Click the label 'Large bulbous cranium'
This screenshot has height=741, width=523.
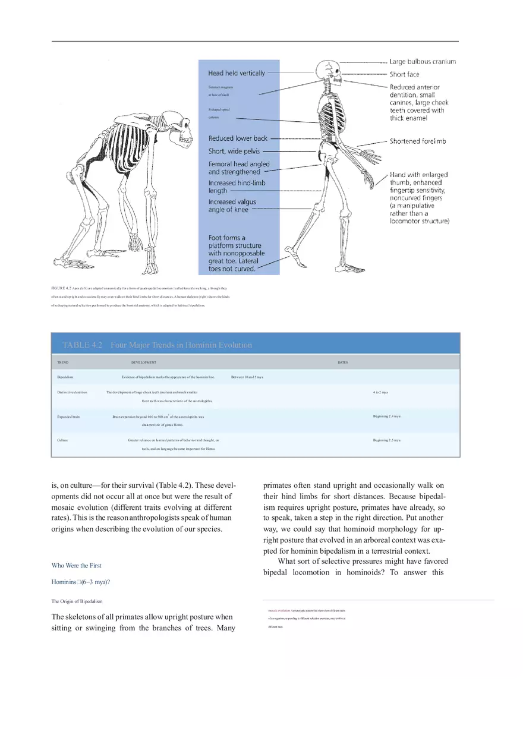tap(423, 61)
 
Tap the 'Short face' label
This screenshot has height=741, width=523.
tap(404, 74)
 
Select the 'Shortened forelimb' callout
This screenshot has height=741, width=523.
tap(417, 141)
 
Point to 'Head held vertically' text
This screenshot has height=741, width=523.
tap(237, 73)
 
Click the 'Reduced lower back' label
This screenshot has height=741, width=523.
tap(238, 138)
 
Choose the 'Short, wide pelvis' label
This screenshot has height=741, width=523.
tap(234, 152)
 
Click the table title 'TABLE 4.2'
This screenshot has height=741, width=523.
tap(83, 345)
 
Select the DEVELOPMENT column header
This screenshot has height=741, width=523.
tap(144, 362)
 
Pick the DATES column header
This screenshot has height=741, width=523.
tap(342, 362)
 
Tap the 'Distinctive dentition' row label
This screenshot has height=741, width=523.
tap(73, 393)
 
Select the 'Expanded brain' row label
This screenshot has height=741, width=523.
tap(68, 417)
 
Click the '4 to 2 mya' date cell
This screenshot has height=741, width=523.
tap(380, 393)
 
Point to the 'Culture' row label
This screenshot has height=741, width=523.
tap(62, 440)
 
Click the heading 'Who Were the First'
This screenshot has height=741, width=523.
tap(77, 566)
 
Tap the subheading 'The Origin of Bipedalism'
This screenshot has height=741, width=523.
tap(77, 602)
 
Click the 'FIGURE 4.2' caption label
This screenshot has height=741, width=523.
tap(62, 288)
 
